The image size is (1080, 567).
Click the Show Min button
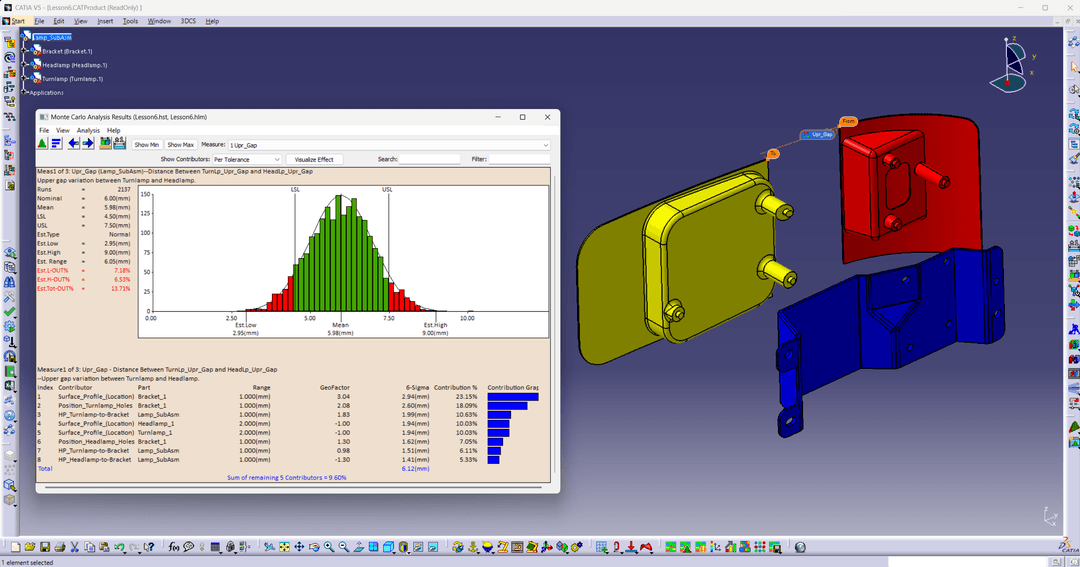pos(147,145)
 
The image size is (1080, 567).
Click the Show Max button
pos(181,145)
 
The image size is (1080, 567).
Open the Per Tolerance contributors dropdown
pos(246,159)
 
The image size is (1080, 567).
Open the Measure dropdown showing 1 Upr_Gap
pos(388,145)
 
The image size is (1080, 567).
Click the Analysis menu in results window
pos(88,130)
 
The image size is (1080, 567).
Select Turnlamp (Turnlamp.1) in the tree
pos(72,78)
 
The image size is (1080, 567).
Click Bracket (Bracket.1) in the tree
pos(67,51)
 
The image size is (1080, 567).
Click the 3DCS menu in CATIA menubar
pos(188,21)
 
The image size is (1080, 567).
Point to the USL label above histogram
pos(387,188)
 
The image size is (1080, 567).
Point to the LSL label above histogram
pos(295,188)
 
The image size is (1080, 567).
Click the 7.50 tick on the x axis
pos(388,317)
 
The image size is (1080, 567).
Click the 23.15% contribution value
pos(466,396)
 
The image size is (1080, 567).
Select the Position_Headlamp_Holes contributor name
pos(96,441)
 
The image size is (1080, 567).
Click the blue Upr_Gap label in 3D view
pos(822,134)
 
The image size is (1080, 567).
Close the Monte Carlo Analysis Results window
pos(546,117)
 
